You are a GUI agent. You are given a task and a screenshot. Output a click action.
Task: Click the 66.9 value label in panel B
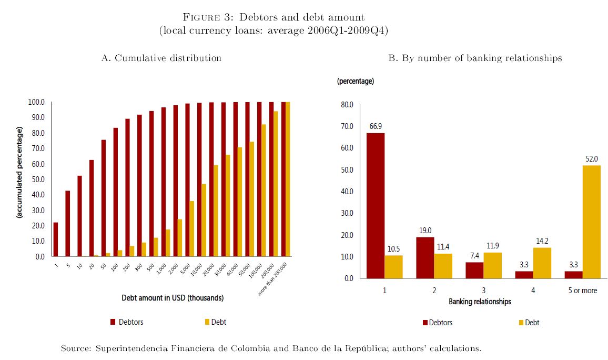(x=376, y=126)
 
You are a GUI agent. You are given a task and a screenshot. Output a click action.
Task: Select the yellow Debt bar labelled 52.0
(x=592, y=222)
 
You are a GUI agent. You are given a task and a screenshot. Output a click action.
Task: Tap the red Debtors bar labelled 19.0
(x=424, y=257)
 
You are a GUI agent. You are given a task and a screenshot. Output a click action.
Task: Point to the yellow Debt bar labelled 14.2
(x=542, y=263)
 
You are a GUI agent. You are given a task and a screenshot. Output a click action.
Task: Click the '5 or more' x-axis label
(x=582, y=290)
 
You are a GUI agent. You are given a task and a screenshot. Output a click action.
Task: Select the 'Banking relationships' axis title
(x=480, y=302)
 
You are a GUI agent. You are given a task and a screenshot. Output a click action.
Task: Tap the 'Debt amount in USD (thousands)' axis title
(x=173, y=298)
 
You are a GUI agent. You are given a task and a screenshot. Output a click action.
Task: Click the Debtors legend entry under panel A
(x=127, y=322)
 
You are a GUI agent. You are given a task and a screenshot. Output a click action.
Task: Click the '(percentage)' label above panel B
(x=356, y=81)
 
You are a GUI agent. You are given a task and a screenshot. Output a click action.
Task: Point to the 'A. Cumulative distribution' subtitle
(x=161, y=58)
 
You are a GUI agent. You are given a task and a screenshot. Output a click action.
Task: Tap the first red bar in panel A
(x=56, y=239)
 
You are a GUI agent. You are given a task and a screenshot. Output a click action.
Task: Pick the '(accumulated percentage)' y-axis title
(x=19, y=173)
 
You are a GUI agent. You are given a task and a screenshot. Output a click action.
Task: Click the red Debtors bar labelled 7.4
(x=474, y=270)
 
